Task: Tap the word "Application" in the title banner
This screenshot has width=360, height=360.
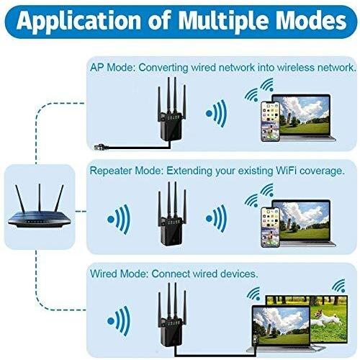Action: pos(78,21)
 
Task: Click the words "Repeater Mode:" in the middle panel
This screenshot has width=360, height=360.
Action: pos(127,171)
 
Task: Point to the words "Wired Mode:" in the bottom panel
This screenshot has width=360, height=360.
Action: pos(120,274)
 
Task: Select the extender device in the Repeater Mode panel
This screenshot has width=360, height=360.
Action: pos(171,214)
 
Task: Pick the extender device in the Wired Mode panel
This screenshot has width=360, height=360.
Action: pos(171,315)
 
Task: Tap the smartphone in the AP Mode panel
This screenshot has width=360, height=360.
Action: pos(270,122)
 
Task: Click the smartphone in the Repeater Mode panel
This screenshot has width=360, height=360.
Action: pos(270,227)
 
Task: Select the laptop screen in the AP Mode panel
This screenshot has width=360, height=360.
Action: pos(304,115)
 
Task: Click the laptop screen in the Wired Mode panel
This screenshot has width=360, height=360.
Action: pos(281,326)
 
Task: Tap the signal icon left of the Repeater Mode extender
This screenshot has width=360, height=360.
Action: pos(119,219)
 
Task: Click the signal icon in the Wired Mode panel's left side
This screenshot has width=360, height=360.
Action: pos(119,321)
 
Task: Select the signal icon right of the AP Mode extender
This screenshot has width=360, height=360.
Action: pos(217,113)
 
